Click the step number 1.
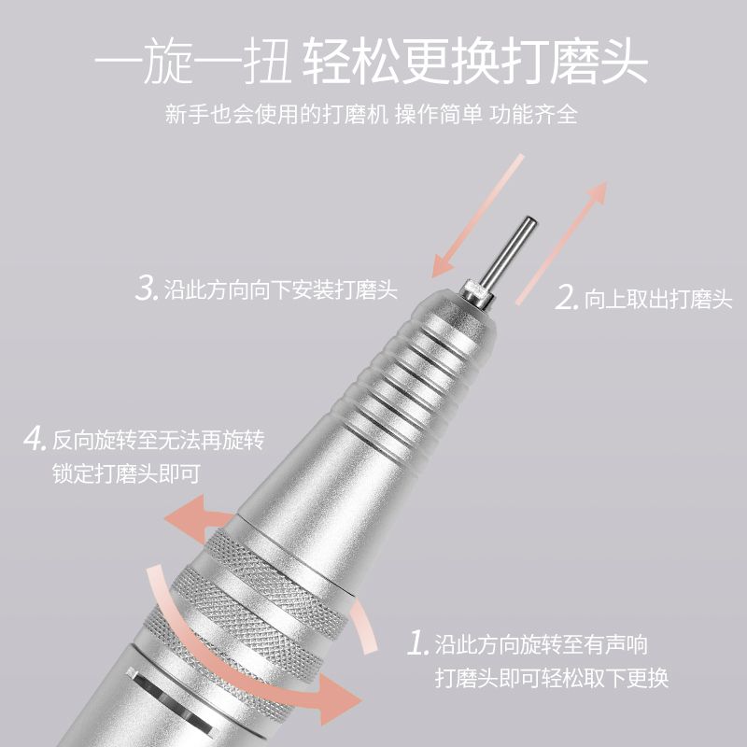coord(418,643)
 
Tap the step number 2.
coord(567,297)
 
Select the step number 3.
coord(147,288)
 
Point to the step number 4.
coord(35,438)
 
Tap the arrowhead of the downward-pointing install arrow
coord(442,265)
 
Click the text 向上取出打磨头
coord(658,299)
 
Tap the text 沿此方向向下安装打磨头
coord(281,289)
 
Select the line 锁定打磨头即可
coord(126,473)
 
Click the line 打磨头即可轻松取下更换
coord(552,678)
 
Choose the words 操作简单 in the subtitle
coord(438,114)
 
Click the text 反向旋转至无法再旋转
coord(158,439)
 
